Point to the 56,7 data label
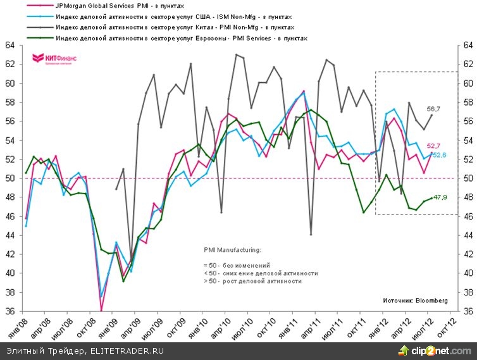(433, 109)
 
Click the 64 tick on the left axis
(9, 45)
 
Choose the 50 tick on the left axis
(9, 178)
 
